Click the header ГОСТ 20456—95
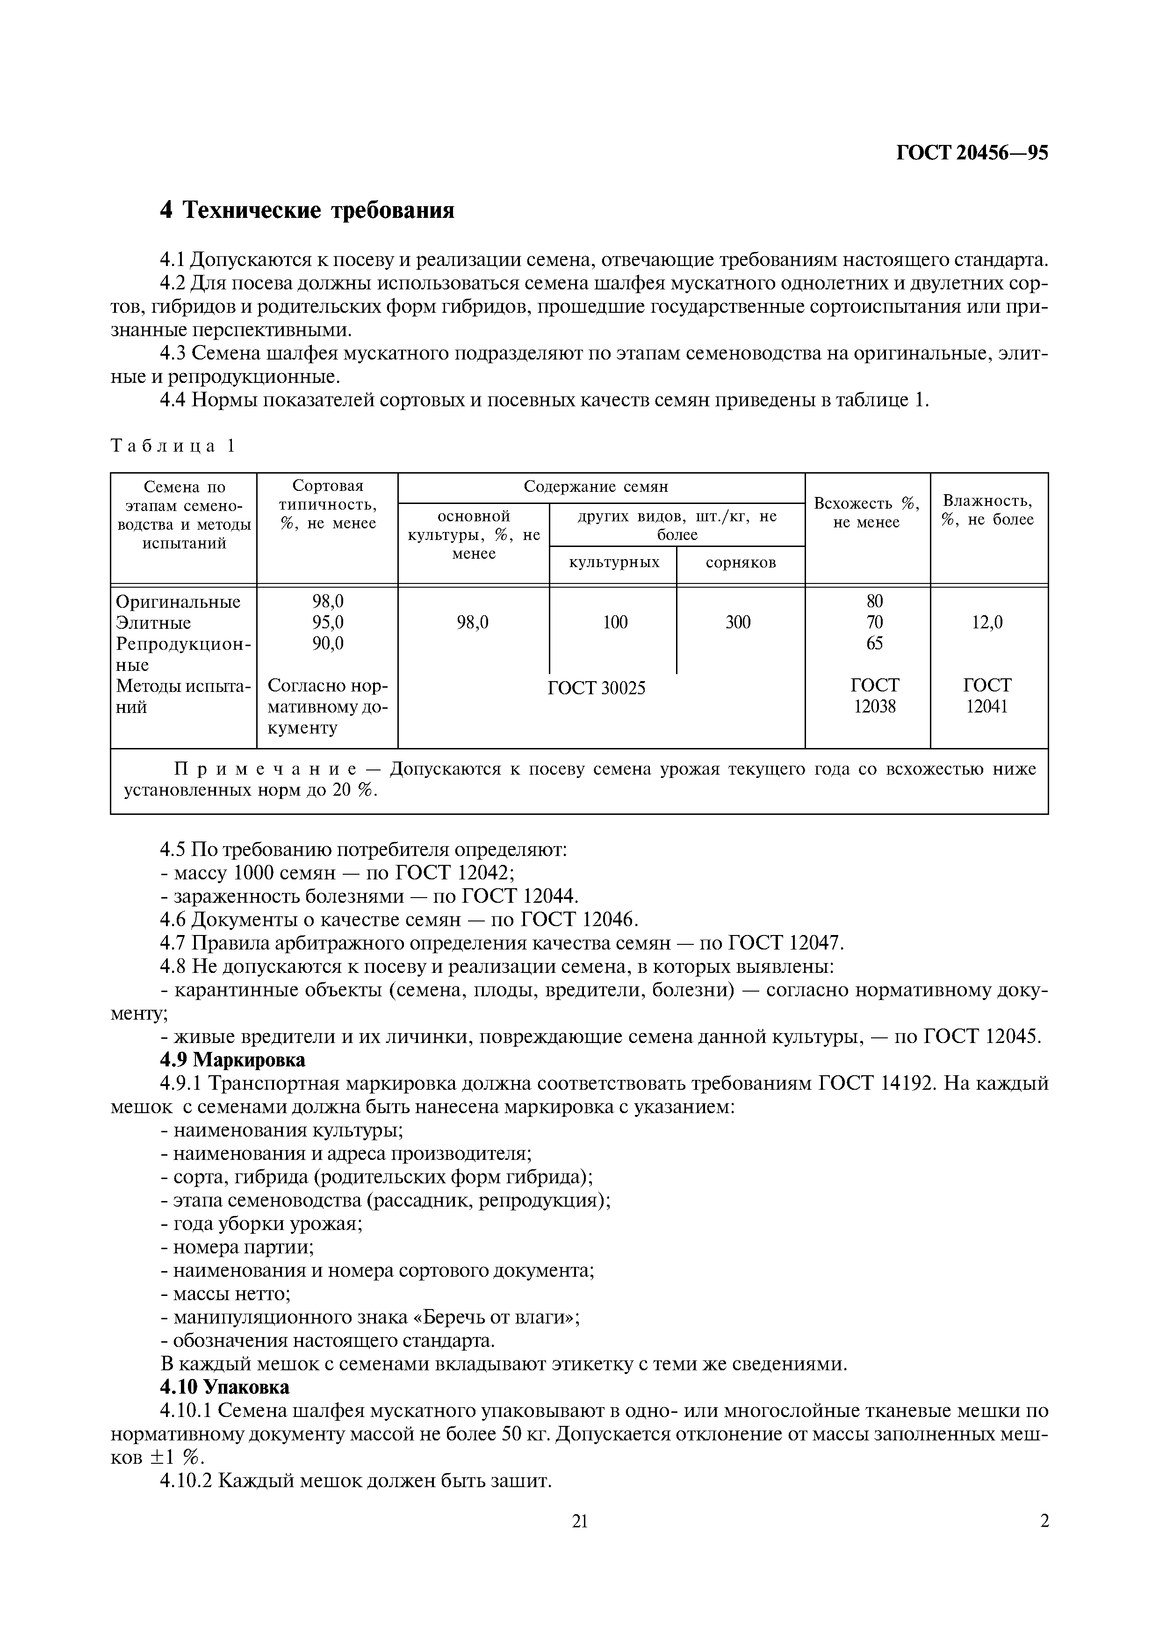pyautogui.click(x=972, y=153)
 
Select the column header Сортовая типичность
pyautogui.click(x=327, y=504)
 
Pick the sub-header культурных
pyautogui.click(x=613, y=562)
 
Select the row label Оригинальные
pyautogui.click(x=178, y=601)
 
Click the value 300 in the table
pyautogui.click(x=738, y=622)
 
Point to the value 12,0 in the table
pyautogui.click(x=987, y=622)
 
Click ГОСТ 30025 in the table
pyautogui.click(x=596, y=688)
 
